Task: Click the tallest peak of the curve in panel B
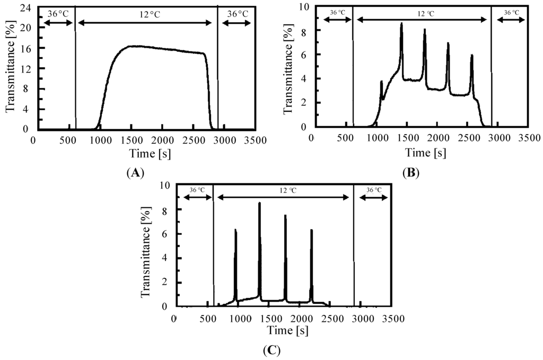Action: coord(401,24)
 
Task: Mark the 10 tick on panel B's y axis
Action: coord(304,7)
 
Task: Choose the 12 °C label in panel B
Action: coord(422,13)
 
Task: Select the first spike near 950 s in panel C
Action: coord(235,231)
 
